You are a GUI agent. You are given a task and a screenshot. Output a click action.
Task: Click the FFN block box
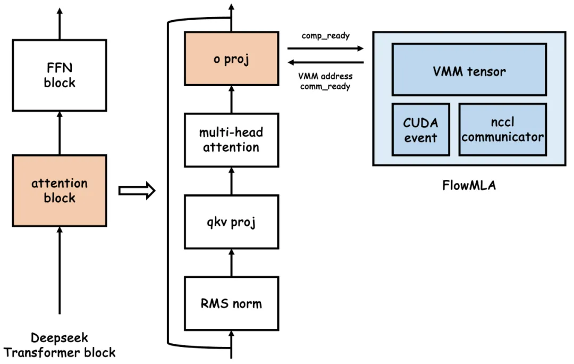[60, 76]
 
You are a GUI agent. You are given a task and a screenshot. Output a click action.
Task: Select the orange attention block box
[60, 191]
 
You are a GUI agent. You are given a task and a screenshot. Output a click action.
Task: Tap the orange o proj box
[231, 59]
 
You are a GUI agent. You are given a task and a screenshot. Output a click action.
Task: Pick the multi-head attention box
[231, 139]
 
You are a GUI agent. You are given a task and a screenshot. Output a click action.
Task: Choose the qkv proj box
[231, 222]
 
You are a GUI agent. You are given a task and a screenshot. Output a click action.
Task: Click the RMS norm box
[231, 303]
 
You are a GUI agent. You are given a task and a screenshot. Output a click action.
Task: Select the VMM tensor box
[469, 70]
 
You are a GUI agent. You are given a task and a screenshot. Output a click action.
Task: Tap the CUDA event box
[420, 129]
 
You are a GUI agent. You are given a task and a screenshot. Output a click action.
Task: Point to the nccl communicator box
[502, 129]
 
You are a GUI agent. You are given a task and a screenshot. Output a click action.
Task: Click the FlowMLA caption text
[468, 186]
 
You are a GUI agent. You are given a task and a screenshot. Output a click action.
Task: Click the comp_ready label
[326, 36]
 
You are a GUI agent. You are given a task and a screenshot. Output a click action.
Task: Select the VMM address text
[326, 76]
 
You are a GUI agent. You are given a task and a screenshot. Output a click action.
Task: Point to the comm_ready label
[325, 86]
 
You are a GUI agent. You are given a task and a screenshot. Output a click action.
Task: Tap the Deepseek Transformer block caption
[60, 345]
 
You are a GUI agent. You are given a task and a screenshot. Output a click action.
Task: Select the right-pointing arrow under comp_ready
[325, 48]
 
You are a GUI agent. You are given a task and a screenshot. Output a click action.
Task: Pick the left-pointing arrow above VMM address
[325, 62]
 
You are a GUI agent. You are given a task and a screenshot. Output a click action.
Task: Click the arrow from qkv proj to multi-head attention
[231, 180]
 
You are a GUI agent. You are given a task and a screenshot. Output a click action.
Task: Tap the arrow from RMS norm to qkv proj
[231, 262]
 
